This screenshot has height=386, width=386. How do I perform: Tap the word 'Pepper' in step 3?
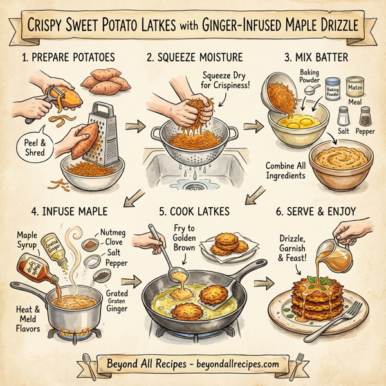(365, 131)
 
